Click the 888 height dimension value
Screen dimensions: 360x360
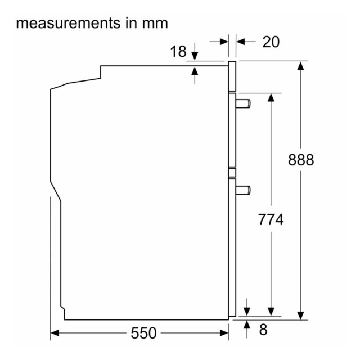[x=301, y=160]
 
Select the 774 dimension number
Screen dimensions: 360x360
[x=271, y=219]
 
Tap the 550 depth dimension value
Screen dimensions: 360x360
[x=143, y=333]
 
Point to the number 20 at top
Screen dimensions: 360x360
[x=271, y=42]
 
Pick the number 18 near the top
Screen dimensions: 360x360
[x=178, y=51]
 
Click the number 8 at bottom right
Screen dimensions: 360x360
[x=263, y=330]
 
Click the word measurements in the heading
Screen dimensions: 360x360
[x=68, y=24]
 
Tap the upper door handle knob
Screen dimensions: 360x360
[x=243, y=103]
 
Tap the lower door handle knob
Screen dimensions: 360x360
[x=243, y=190]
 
